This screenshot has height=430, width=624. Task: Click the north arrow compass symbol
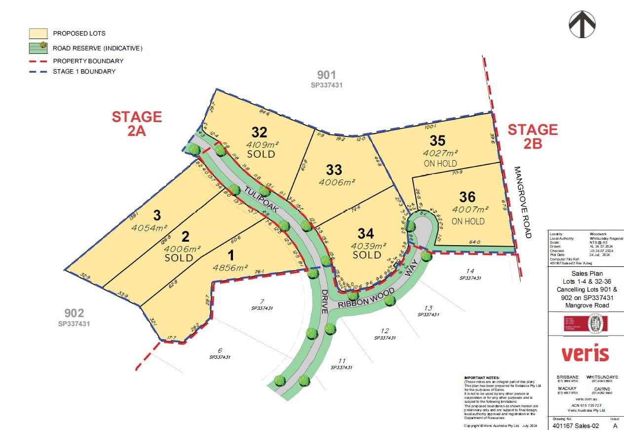click(x=582, y=24)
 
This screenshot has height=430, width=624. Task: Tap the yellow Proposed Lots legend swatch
click(x=38, y=34)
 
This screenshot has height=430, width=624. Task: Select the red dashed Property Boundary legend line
click(x=38, y=61)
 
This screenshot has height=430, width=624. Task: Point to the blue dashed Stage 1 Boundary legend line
click(x=38, y=72)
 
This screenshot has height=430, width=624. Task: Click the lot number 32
click(x=259, y=132)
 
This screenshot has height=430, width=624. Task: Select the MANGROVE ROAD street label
click(x=523, y=202)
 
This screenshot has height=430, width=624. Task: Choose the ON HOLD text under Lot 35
click(x=440, y=164)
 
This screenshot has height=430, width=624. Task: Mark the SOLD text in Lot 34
click(x=367, y=255)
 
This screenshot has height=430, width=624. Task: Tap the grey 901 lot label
click(x=326, y=76)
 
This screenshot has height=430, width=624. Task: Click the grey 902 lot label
click(x=74, y=313)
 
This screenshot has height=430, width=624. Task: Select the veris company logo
click(x=585, y=354)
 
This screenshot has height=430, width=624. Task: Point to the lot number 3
click(x=157, y=215)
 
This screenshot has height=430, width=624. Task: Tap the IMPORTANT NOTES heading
click(x=482, y=378)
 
